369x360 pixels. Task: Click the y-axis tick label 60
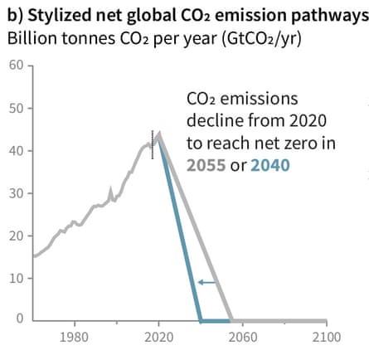pyautogui.click(x=17, y=66)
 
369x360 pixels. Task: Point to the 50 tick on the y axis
pyautogui.click(x=17, y=108)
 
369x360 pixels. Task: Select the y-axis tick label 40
pyautogui.click(x=17, y=150)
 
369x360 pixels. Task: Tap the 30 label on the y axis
pyautogui.click(x=17, y=192)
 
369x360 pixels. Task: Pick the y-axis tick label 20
pyautogui.click(x=17, y=235)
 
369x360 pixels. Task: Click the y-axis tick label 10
pyautogui.click(x=17, y=277)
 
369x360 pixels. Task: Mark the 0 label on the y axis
pyautogui.click(x=20, y=319)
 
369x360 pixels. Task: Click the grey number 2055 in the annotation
pyautogui.click(x=206, y=164)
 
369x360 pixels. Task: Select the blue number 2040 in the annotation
pyautogui.click(x=270, y=164)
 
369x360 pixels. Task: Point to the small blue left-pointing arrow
pyautogui.click(x=206, y=283)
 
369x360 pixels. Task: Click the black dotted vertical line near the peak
pyautogui.click(x=152, y=144)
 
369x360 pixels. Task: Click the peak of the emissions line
pyautogui.click(x=158, y=133)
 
